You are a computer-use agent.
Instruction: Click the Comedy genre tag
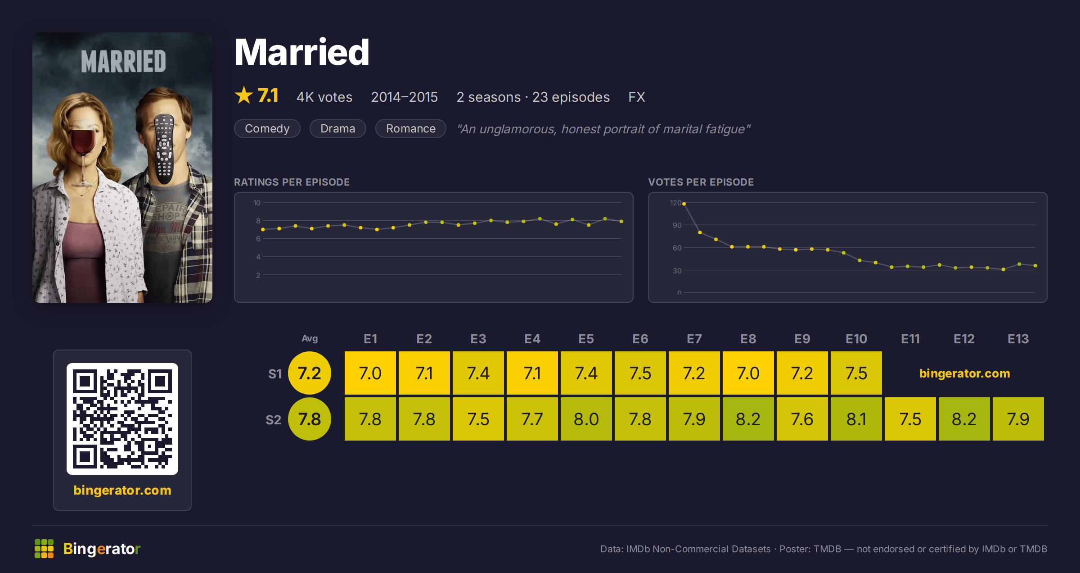point(267,128)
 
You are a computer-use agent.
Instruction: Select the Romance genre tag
point(410,128)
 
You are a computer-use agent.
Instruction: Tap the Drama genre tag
point(337,128)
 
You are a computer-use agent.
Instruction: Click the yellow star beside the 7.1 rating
point(244,95)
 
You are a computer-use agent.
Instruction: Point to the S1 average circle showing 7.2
point(310,373)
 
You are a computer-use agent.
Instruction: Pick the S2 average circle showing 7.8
point(310,419)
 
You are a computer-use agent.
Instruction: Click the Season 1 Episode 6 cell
point(640,373)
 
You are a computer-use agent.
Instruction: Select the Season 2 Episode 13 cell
point(1018,419)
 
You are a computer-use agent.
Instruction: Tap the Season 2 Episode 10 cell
point(856,419)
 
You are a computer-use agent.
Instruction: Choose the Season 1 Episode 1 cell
point(370,373)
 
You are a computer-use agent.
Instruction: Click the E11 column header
point(910,339)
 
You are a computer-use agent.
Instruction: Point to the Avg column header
point(310,338)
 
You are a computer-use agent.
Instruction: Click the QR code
point(122,419)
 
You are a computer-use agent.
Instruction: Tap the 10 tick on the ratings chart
point(257,203)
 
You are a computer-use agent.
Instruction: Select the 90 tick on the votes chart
point(677,225)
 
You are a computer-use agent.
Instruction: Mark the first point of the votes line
point(684,204)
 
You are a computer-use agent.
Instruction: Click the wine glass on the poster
point(84,153)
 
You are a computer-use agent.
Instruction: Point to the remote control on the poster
point(164,149)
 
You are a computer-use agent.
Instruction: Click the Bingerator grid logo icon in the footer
point(44,549)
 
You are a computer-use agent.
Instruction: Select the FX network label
point(637,97)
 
